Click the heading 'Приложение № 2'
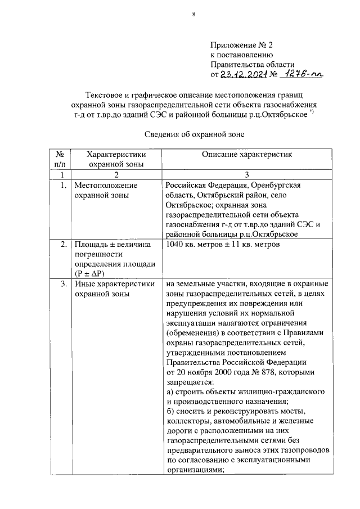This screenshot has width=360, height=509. pos(240,44)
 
